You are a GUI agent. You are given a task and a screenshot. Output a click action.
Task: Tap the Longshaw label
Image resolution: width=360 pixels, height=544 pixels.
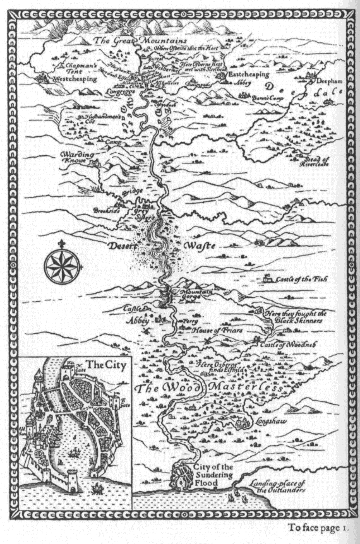pos(273,423)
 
